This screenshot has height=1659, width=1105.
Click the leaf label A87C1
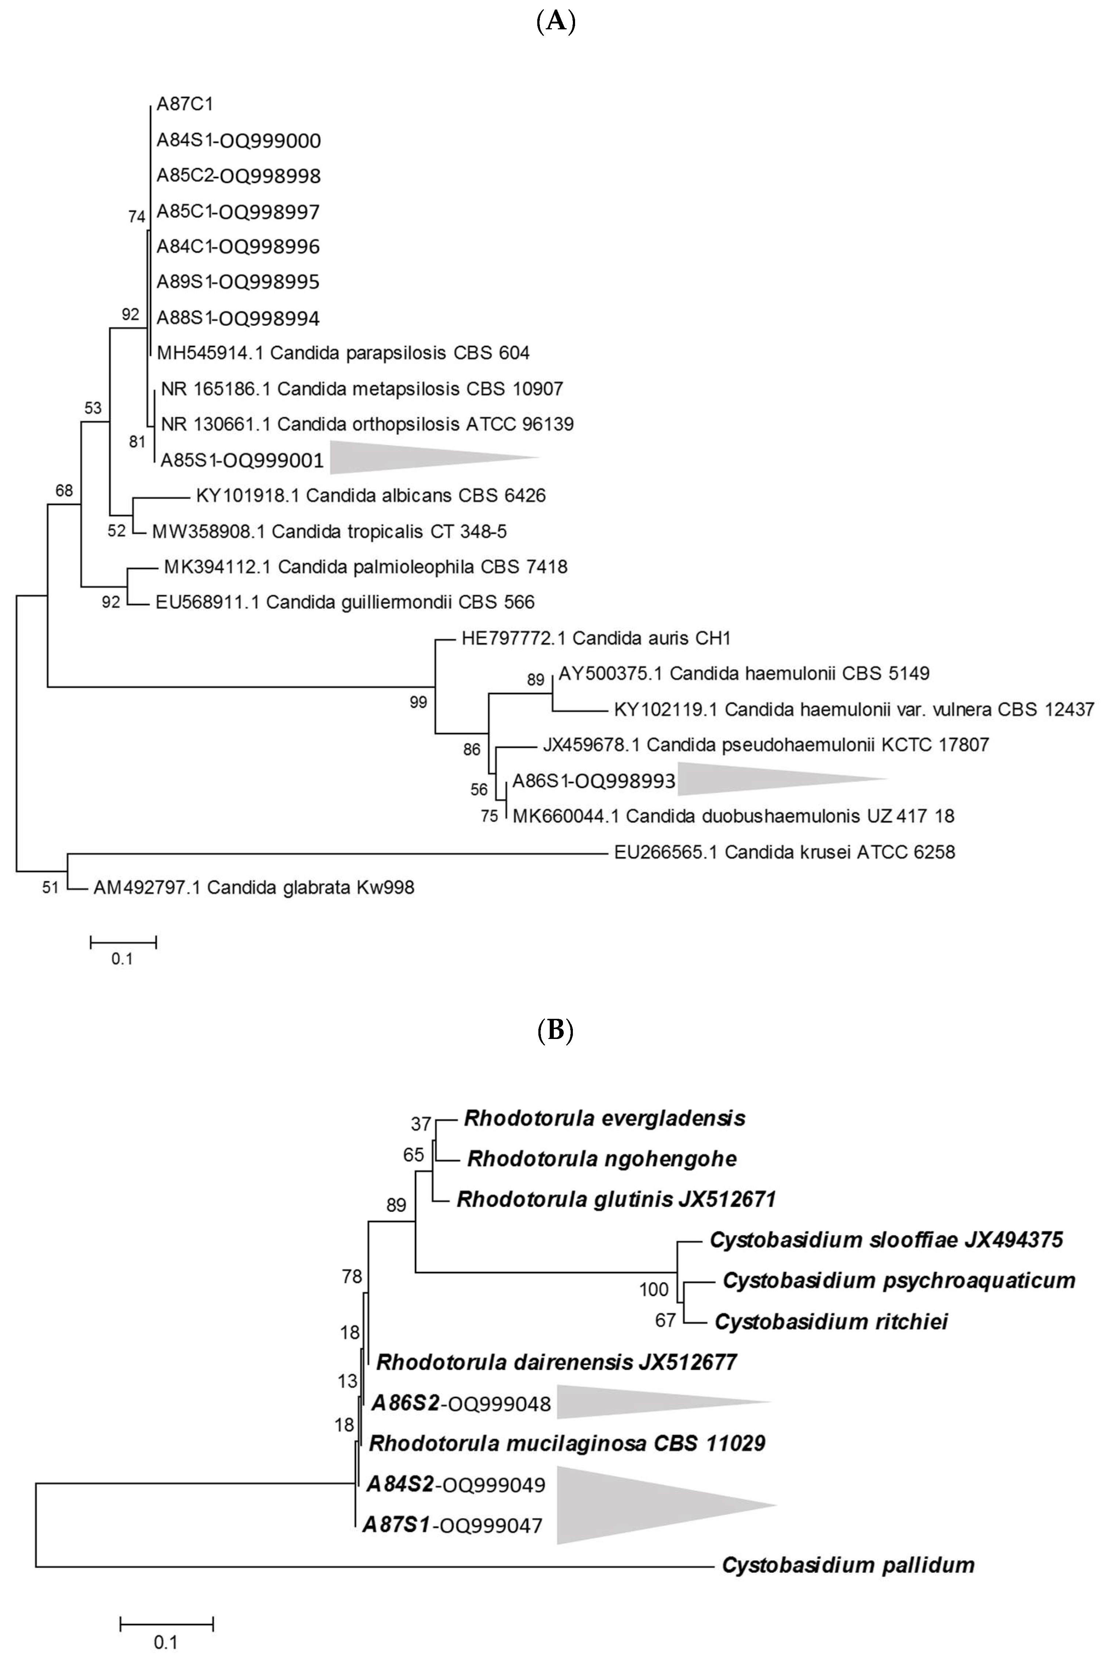[x=185, y=104]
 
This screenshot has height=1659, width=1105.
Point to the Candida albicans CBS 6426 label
[x=371, y=495]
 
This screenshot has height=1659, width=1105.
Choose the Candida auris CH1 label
[x=596, y=638]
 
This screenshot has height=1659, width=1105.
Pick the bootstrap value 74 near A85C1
[x=136, y=217]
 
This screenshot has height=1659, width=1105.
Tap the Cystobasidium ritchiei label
[x=831, y=1321]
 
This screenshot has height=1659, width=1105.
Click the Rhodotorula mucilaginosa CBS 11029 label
[x=567, y=1443]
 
